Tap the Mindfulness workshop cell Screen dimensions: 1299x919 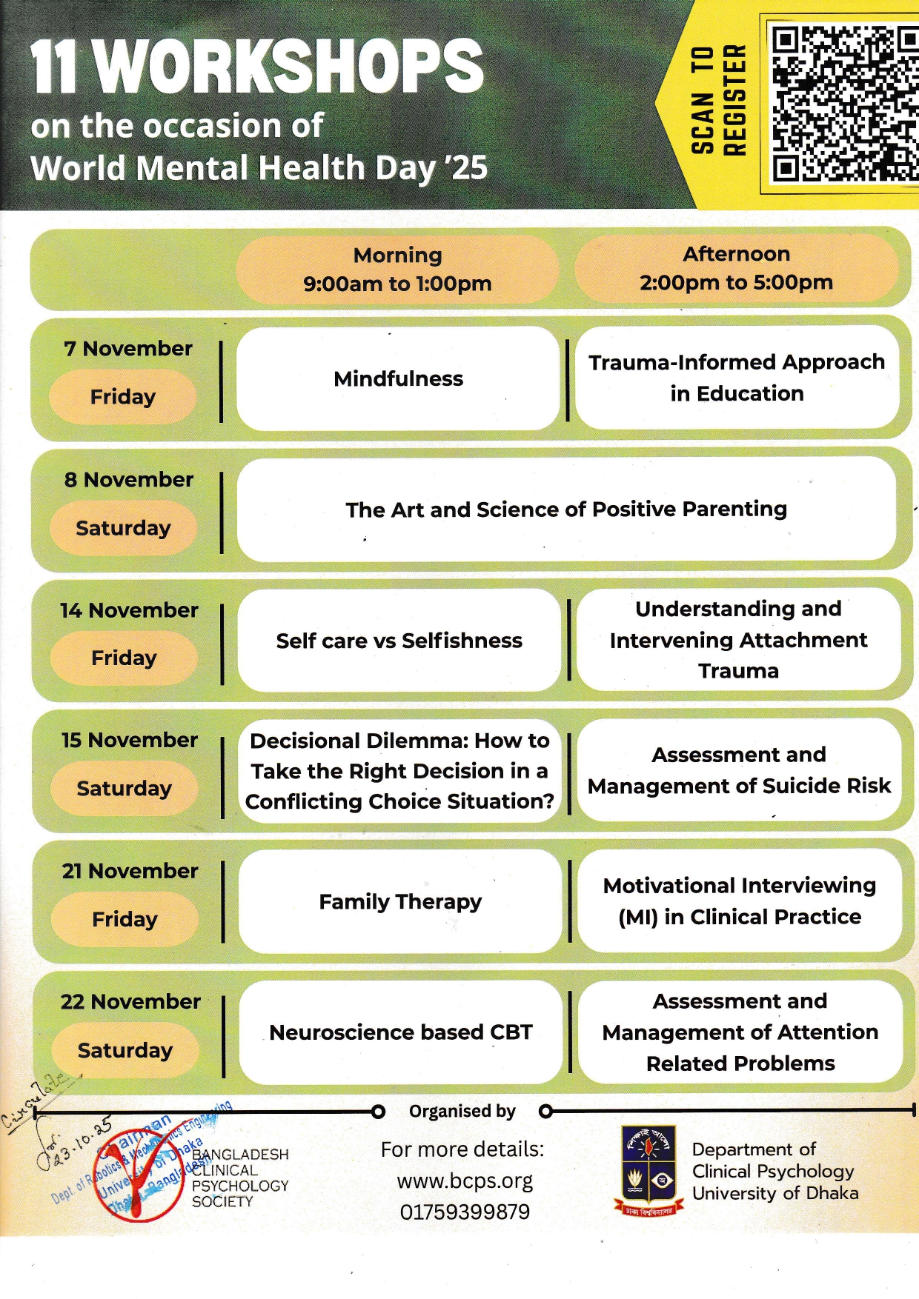click(x=398, y=378)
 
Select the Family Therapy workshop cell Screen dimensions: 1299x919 click(x=400, y=901)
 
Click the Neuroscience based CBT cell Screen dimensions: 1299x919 click(x=401, y=1032)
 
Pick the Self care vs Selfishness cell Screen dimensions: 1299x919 click(x=399, y=641)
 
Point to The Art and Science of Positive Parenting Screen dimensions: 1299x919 click(x=566, y=510)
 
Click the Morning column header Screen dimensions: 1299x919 click(x=397, y=269)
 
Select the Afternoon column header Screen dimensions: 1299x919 click(x=736, y=267)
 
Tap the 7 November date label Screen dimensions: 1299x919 click(x=128, y=349)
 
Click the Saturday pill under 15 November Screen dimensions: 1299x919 click(x=125, y=789)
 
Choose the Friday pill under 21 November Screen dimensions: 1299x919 click(x=125, y=919)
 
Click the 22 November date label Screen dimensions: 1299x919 click(x=130, y=1002)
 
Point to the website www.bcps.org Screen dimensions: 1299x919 click(x=465, y=1181)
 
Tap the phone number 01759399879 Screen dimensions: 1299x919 click(x=465, y=1212)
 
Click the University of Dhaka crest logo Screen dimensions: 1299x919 click(x=648, y=1170)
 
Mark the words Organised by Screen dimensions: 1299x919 click(x=462, y=1111)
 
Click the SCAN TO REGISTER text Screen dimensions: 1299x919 click(x=717, y=101)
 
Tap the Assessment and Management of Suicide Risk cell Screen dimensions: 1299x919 click(x=739, y=770)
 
